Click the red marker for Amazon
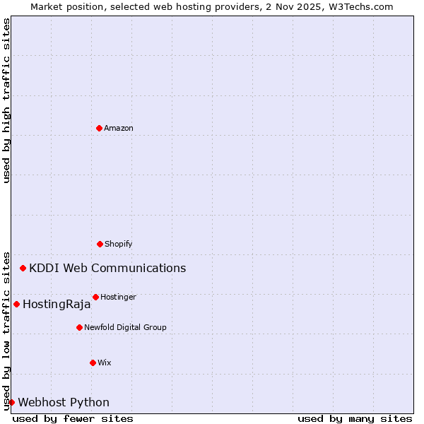pyautogui.click(x=99, y=128)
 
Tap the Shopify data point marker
pyautogui.click(x=100, y=244)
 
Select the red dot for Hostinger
pyautogui.click(x=95, y=297)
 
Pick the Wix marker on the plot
pyautogui.click(x=93, y=363)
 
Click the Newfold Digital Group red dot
pyautogui.click(x=79, y=327)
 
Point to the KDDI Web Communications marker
pyautogui.click(x=23, y=268)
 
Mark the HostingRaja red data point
pyautogui.click(x=16, y=304)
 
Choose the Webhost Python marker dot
pyautogui.click(x=11, y=402)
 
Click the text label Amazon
pyautogui.click(x=119, y=128)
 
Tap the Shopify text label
pyautogui.click(x=119, y=244)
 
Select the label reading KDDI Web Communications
pyautogui.click(x=107, y=268)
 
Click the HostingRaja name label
pyautogui.click(x=57, y=305)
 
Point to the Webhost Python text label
pyautogui.click(x=64, y=402)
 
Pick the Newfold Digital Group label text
pyautogui.click(x=125, y=327)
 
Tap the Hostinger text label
pyautogui.click(x=118, y=297)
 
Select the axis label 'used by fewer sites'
pyautogui.click(x=73, y=418)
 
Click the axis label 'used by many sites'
pyautogui.click(x=355, y=418)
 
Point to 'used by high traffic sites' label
pyautogui.click(x=6, y=100)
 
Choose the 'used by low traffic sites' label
pyautogui.click(x=6, y=330)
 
